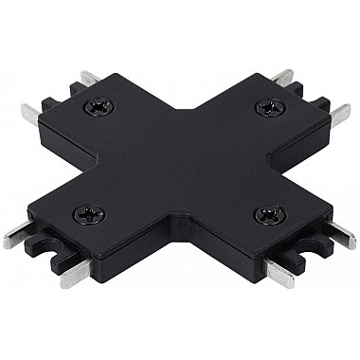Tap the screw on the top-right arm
[x=263, y=107]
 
